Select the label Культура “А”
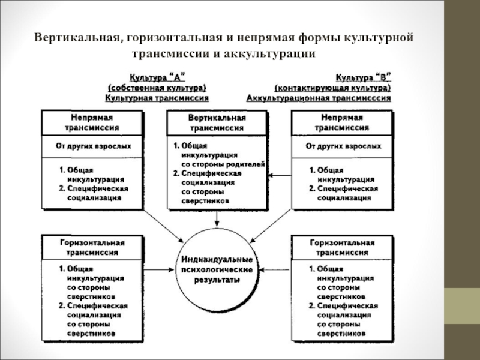157,77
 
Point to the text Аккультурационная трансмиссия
319,97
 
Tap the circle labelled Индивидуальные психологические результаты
217,269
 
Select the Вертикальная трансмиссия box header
217,124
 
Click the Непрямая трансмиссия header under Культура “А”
92,123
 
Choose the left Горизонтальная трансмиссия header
92,247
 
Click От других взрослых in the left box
92,146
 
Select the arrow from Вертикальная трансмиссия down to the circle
217,222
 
